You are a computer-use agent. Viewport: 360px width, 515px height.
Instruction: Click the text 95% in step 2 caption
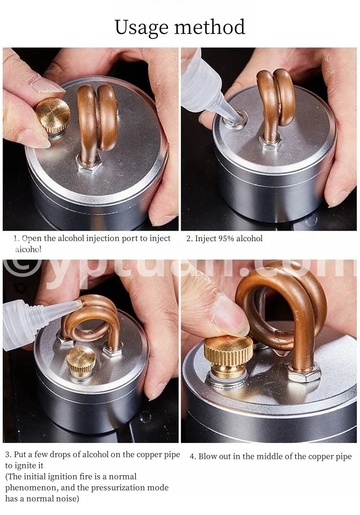click(x=226, y=238)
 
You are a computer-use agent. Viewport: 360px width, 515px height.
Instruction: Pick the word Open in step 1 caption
click(x=32, y=239)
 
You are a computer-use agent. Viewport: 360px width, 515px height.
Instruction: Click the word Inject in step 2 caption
click(x=205, y=239)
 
